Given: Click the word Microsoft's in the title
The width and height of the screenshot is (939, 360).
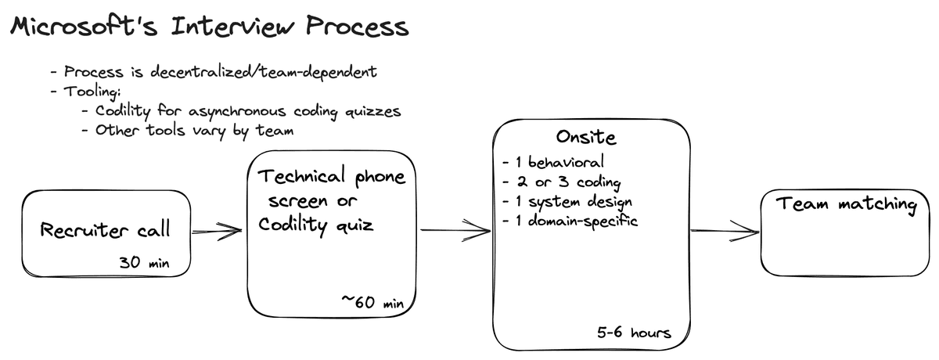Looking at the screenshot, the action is coord(84,26).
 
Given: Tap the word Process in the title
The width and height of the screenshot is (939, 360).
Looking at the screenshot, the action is coord(357,26).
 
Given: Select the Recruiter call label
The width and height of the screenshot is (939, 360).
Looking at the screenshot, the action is coord(105,229).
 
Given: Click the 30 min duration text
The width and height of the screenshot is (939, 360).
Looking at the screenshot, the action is coord(144,262).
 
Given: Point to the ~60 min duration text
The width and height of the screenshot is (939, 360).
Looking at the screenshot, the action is coord(372,301).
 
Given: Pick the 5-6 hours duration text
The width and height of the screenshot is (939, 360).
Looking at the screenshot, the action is coord(634,333).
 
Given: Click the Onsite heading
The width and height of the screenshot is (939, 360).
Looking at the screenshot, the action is coord(586,137).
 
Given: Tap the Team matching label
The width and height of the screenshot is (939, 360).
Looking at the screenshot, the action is coord(846,204).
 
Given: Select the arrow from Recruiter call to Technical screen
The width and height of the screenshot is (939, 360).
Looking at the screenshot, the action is coord(217,231).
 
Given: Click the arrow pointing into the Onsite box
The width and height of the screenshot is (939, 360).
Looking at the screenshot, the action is coord(455,230).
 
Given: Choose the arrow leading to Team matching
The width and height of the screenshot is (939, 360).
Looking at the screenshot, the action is coord(725,231).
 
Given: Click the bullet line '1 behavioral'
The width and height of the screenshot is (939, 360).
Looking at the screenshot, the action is coord(553,162).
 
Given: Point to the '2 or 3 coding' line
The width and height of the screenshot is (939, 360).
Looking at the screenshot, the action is coord(561,182).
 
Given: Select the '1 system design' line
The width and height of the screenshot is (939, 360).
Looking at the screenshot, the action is coord(567,202).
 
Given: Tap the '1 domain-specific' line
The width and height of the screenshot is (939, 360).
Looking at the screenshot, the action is coord(570,221).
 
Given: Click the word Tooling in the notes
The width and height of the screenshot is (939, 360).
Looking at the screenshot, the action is coord(92,92).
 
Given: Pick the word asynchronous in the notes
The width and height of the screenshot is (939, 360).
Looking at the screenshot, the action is coord(237,111).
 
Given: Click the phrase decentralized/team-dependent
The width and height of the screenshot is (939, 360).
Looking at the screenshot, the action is coord(263,72).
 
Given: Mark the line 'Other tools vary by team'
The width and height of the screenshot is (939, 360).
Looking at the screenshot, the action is coord(188,131).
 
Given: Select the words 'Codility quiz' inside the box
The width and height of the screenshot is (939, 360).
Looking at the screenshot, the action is coord(315,225).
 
